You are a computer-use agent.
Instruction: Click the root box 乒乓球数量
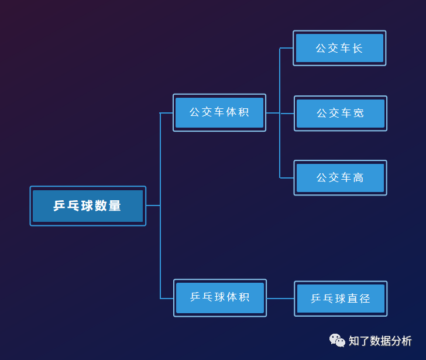click(88, 206)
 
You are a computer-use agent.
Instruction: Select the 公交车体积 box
click(219, 112)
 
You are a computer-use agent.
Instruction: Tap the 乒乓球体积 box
click(220, 297)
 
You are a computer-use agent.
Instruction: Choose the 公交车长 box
click(339, 48)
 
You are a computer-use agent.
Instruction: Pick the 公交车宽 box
click(341, 113)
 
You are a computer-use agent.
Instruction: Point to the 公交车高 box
click(341, 177)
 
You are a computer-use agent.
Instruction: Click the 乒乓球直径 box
click(341, 299)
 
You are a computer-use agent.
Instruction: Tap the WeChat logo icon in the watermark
click(337, 340)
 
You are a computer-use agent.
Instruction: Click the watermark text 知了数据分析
click(380, 341)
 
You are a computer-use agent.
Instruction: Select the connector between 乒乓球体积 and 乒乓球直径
click(280, 299)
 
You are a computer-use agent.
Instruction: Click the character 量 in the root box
click(115, 206)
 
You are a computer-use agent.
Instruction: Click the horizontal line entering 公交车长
click(287, 48)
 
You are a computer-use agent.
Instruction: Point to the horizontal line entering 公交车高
click(287, 177)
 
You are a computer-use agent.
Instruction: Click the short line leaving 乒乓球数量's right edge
click(153, 205)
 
